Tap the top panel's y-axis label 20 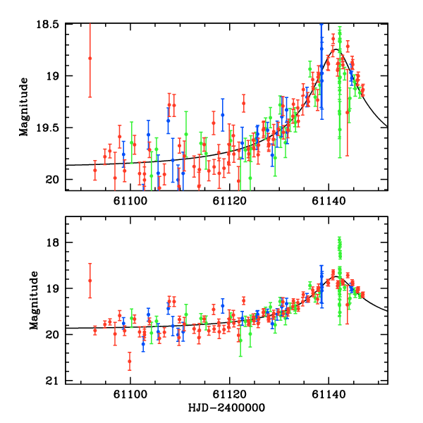(x=52, y=180)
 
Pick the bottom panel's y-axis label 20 (x=52, y=336)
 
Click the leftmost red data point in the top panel (x=90, y=59)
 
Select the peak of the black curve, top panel (x=336, y=49)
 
